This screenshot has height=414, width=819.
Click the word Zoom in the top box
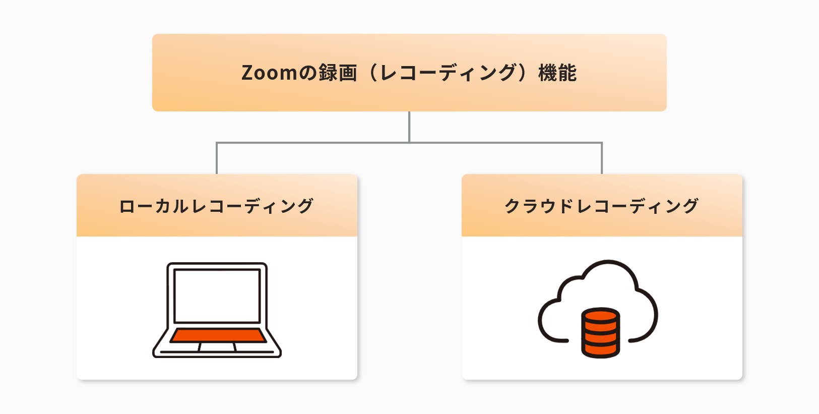point(269,73)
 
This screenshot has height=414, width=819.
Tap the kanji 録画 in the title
point(337,73)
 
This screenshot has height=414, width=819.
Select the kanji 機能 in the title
point(557,73)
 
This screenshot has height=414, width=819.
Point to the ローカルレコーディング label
point(216,206)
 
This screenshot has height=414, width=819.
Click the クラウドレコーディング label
point(601,206)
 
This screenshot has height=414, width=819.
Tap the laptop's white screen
point(217,295)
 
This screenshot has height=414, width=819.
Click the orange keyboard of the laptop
point(218,335)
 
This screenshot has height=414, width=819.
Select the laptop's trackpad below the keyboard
point(217,347)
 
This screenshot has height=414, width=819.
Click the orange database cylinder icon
point(600,332)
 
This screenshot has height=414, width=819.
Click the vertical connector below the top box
point(409,127)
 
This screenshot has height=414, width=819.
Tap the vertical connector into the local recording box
point(217,159)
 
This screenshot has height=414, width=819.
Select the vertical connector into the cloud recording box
point(602,159)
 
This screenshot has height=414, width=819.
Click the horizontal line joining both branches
point(312,143)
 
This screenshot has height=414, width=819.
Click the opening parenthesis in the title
point(373,73)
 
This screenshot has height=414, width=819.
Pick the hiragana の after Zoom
point(307,73)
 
